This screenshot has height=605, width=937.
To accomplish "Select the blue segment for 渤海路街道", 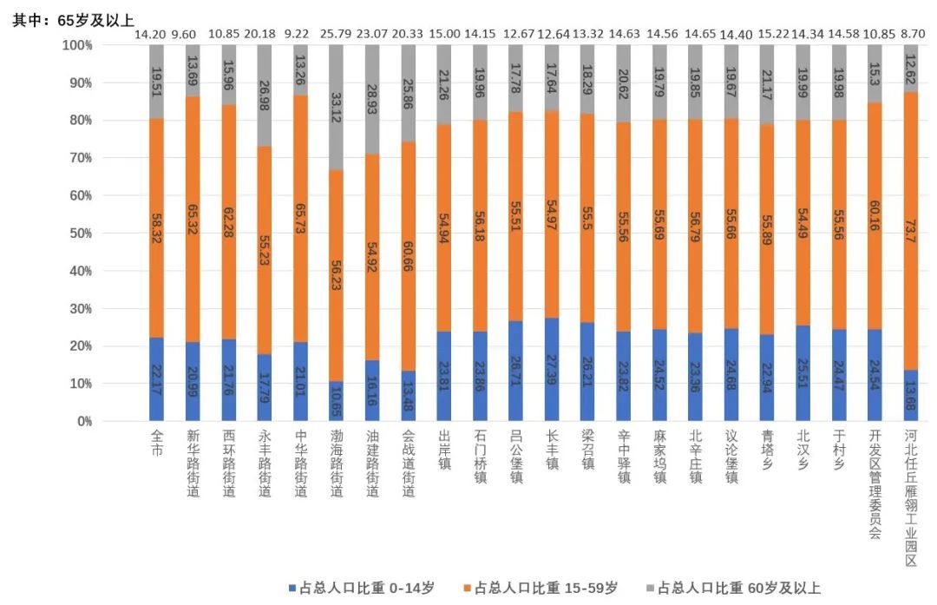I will [336, 401].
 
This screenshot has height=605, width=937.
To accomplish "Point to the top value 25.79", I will [336, 35].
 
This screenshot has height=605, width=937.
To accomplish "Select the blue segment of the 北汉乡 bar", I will [803, 373].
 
